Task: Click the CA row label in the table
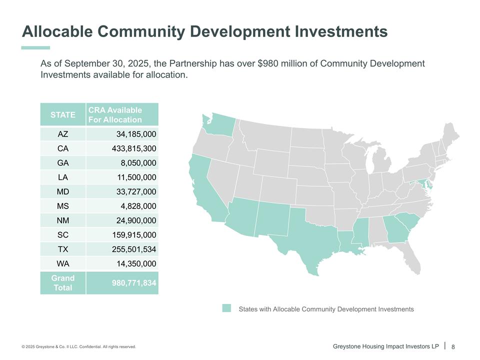pos(63,148)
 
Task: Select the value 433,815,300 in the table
pos(134,148)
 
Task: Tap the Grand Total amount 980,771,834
pos(134,283)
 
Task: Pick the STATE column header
pos(63,115)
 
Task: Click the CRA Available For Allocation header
pos(115,115)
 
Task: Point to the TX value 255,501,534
pos(134,249)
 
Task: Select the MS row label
pos(63,206)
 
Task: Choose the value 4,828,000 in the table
pos(138,206)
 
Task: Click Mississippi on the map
pos(360,231)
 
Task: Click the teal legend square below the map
pos(226,308)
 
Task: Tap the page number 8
pos(453,347)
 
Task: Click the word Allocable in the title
pos(57,31)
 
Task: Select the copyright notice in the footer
pos(78,346)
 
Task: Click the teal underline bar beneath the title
pos(35,48)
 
